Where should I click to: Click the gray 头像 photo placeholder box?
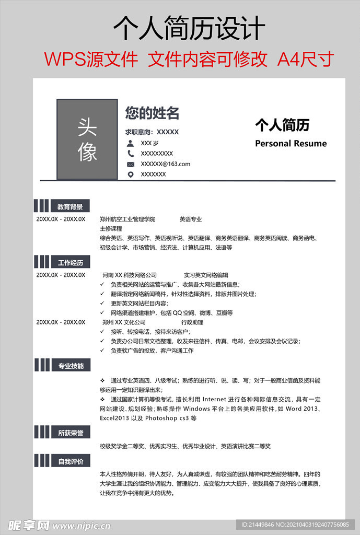click(x=87, y=139)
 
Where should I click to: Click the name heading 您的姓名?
click(x=152, y=113)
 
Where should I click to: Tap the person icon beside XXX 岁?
click(x=130, y=143)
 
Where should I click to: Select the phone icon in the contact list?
click(x=130, y=154)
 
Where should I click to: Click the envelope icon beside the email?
click(x=130, y=164)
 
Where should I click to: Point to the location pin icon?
click(x=130, y=175)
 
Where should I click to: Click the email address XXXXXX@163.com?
click(x=166, y=164)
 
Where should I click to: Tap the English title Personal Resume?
click(x=291, y=144)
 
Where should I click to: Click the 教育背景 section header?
click(x=70, y=207)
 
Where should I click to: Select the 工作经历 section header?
click(x=70, y=262)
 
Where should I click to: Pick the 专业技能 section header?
click(x=70, y=366)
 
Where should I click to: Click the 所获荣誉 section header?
click(x=70, y=433)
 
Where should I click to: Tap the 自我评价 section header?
click(x=70, y=462)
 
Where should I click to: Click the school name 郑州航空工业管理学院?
click(x=127, y=219)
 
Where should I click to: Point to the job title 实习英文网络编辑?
click(x=206, y=275)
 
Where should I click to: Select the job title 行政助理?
click(x=192, y=322)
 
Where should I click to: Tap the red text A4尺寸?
click(x=305, y=60)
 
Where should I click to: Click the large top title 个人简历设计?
click(x=189, y=28)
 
